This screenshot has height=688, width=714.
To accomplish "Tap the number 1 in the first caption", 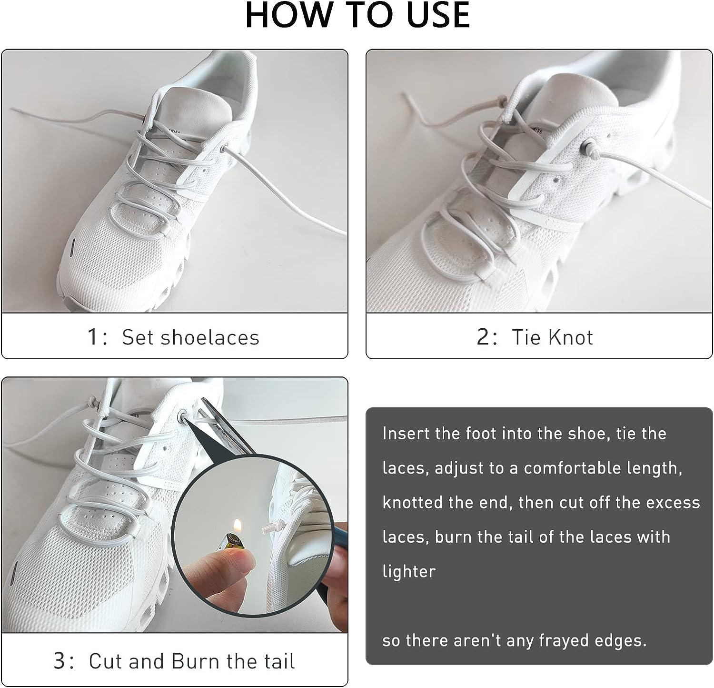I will [x=93, y=337].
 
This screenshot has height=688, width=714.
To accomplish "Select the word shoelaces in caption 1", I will [x=209, y=337].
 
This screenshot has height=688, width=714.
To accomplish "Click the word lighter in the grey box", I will [x=409, y=571].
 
